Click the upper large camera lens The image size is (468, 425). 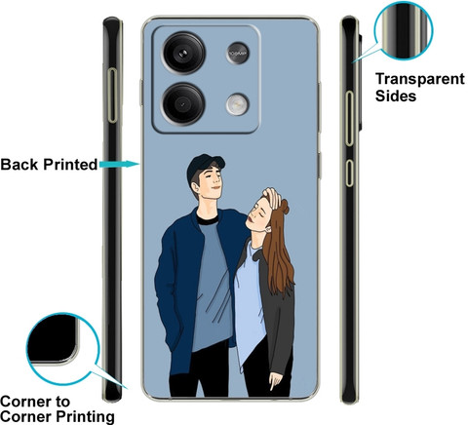(x=184, y=53)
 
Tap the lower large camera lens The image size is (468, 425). (x=183, y=103)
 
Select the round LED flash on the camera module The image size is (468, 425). (x=238, y=104)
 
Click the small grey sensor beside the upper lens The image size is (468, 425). (x=238, y=53)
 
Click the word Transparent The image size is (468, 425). (x=420, y=79)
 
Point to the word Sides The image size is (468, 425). (x=396, y=96)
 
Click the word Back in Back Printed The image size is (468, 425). (x=19, y=164)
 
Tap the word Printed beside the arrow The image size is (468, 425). (x=70, y=164)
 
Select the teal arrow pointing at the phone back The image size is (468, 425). (x=119, y=164)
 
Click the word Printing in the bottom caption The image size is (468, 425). (x=85, y=416)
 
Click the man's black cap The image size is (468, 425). (x=205, y=166)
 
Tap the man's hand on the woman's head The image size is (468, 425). (x=272, y=198)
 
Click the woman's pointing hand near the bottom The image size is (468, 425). (x=275, y=381)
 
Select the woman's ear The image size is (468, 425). (x=268, y=229)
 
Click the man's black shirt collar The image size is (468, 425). (x=207, y=218)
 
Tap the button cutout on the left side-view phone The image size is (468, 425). (x=113, y=96)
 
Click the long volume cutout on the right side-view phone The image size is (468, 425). (x=349, y=118)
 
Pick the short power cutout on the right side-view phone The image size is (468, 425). (x=349, y=173)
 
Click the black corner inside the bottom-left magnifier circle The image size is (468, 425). (x=52, y=338)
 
